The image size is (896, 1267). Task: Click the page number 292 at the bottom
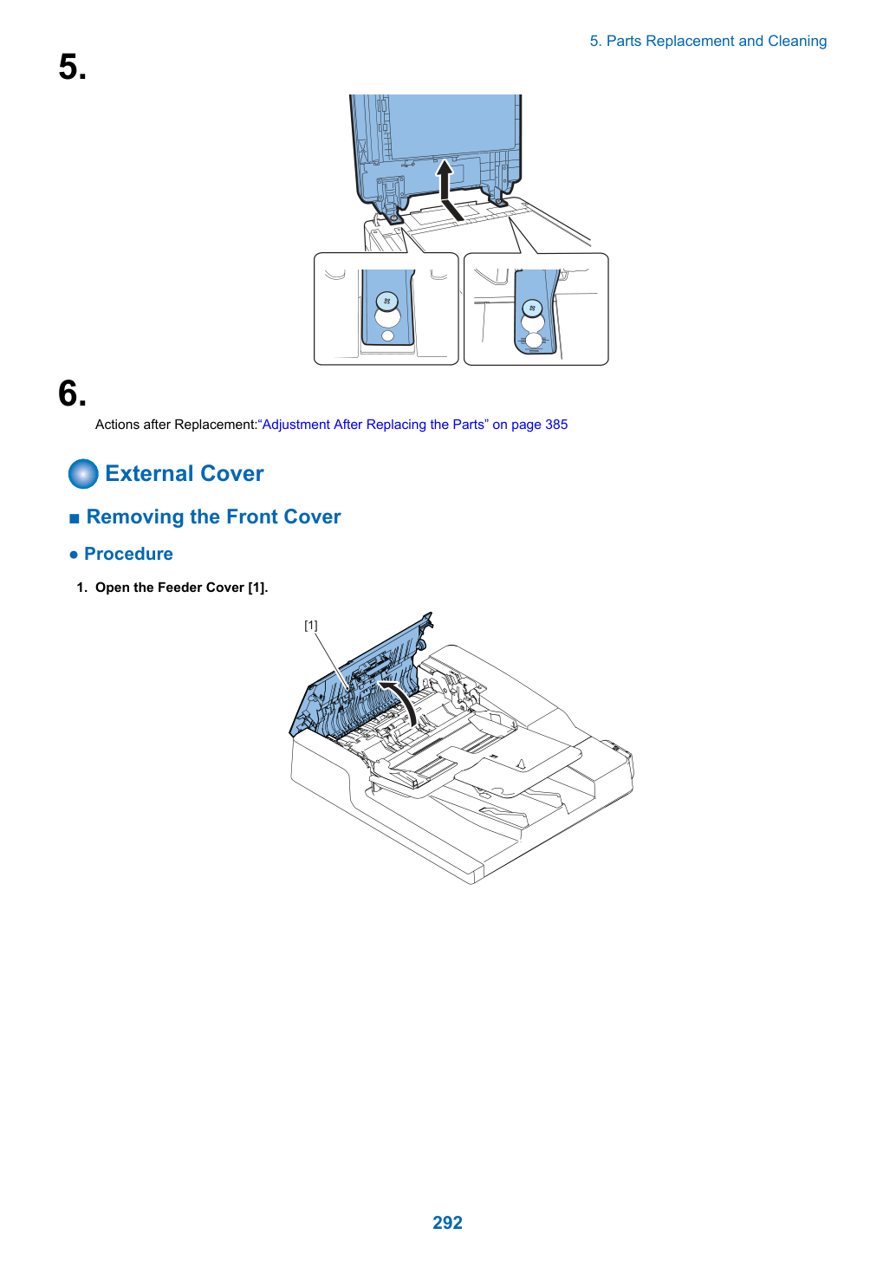447,1222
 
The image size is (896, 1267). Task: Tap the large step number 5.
73,67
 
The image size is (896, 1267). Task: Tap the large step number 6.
73,393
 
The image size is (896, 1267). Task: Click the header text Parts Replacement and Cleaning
716,42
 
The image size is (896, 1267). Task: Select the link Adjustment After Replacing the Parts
373,425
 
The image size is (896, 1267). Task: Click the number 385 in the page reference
556,425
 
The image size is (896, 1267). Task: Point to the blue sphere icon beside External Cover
83,473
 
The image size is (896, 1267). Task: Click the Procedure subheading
128,554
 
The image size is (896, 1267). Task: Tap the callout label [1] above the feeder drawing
310,625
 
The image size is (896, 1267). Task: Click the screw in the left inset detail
386,301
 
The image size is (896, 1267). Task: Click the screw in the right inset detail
531,309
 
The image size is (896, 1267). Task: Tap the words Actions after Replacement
176,425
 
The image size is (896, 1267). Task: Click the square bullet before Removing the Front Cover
75,518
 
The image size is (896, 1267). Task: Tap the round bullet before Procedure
73,556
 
